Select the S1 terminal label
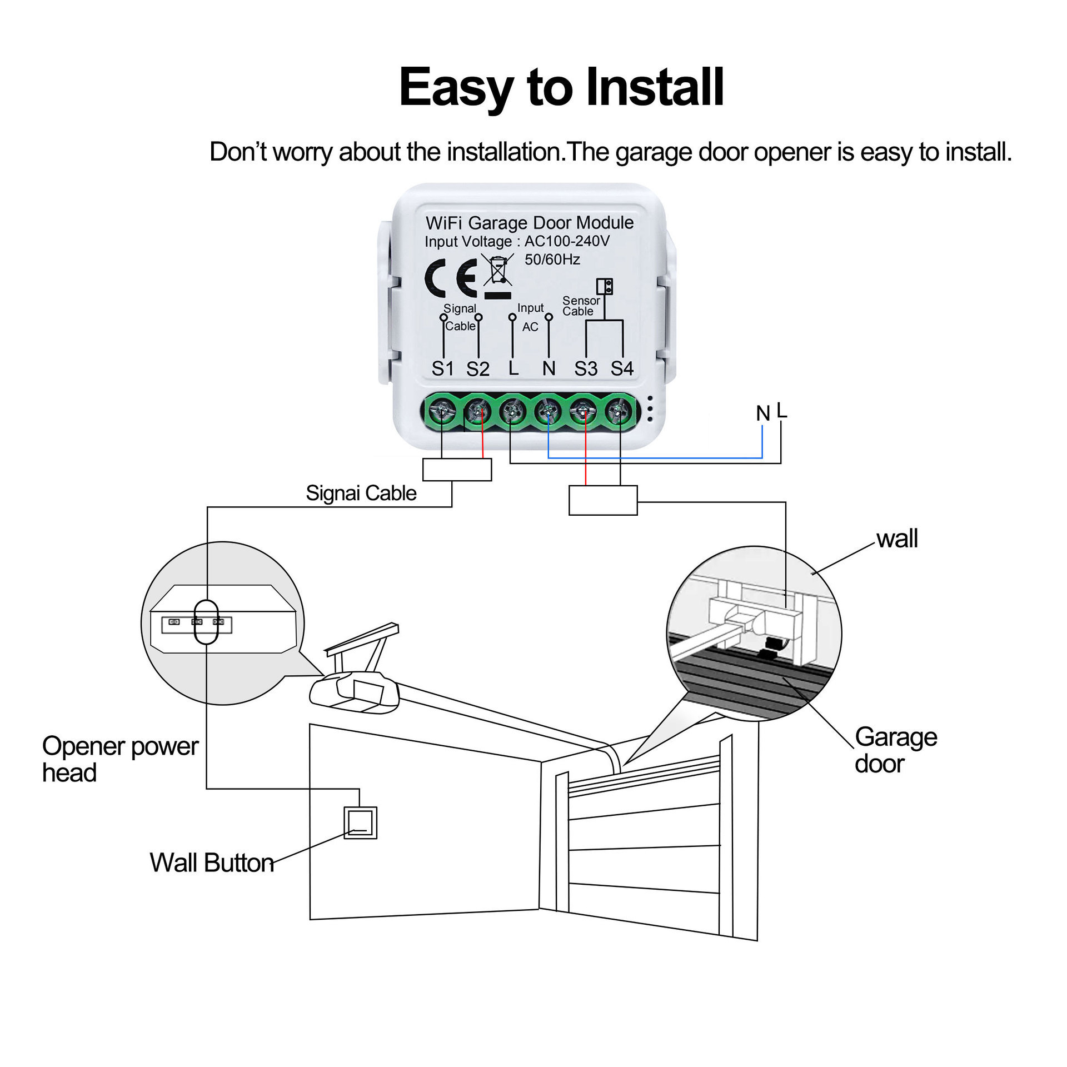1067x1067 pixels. coord(443,368)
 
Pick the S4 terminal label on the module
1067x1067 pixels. coord(622,368)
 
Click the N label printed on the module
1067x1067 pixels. coord(549,368)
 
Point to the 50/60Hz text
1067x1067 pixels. coord(552,260)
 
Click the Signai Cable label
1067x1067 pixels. coord(361,493)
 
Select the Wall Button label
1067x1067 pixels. coord(212,863)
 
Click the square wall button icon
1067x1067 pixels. coord(360,823)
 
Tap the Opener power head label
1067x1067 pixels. coord(119,759)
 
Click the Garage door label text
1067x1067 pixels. coord(895,750)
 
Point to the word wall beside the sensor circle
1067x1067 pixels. coord(897,539)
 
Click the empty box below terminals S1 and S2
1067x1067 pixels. coord(457,470)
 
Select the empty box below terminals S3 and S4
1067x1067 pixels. coord(603,500)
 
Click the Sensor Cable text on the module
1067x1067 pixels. coord(581,306)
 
